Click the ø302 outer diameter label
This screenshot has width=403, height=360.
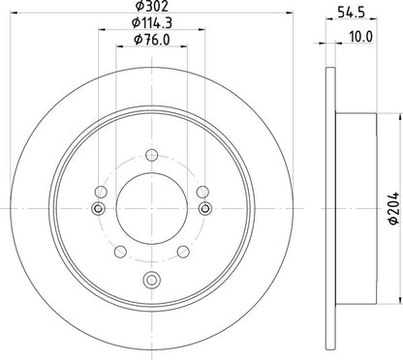tap(152, 5)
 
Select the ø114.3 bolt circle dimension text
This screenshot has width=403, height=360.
tap(152, 23)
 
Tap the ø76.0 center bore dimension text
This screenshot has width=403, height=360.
tap(152, 40)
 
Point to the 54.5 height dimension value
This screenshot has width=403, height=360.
tap(351, 12)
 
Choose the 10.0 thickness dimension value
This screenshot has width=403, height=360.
tap(361, 37)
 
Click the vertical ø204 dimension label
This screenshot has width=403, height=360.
tap(393, 208)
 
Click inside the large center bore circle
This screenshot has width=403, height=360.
tap(152, 208)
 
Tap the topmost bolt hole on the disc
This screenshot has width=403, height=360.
tap(151, 155)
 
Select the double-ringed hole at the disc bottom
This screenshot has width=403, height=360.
tap(151, 280)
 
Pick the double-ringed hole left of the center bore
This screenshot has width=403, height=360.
tap(98, 209)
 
